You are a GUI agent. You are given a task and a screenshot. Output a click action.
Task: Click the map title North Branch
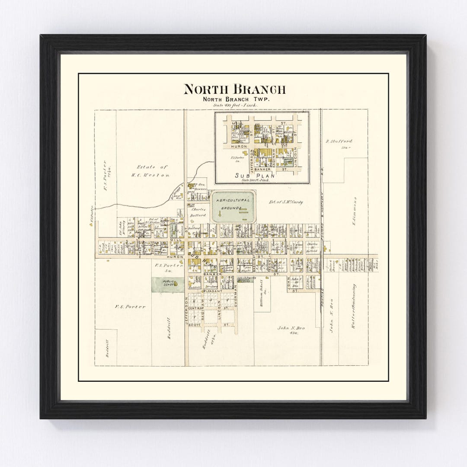pyautogui.click(x=234, y=89)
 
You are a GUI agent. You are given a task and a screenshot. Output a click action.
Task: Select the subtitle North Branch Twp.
pyautogui.click(x=234, y=99)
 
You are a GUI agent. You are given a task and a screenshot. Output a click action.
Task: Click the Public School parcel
pyautogui.click(x=168, y=284)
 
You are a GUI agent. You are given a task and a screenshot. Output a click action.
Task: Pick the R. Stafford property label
pyautogui.click(x=339, y=141)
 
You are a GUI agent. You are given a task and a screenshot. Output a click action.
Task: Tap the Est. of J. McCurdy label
pyautogui.click(x=286, y=202)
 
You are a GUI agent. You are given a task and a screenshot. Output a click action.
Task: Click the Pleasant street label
pyautogui.click(x=213, y=291)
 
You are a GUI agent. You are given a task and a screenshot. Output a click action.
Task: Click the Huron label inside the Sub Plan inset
pyautogui.click(x=239, y=146)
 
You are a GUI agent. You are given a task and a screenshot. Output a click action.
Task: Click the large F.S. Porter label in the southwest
pyautogui.click(x=130, y=307)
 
